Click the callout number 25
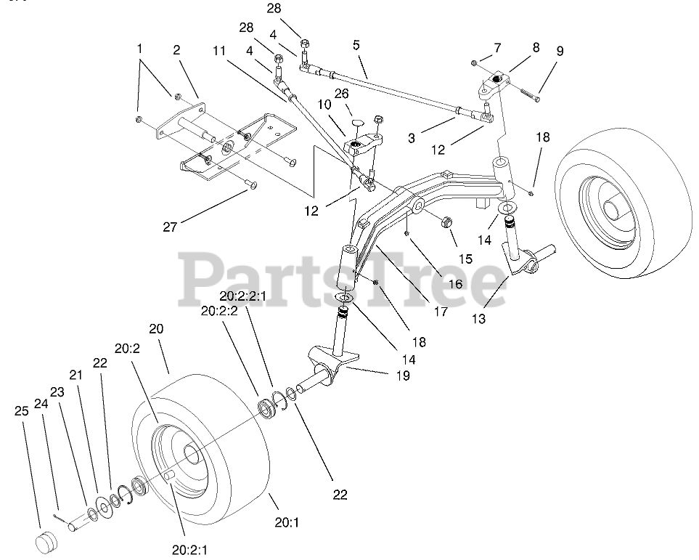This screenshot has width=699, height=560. tap(22, 410)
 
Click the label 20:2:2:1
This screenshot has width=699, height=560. tap(244, 296)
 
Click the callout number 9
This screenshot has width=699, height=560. tap(559, 52)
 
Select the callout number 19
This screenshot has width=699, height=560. tap(402, 376)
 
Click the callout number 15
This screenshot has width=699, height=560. tap(465, 258)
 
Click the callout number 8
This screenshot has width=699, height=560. tap(536, 48)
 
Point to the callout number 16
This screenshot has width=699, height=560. tap(454, 285)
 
